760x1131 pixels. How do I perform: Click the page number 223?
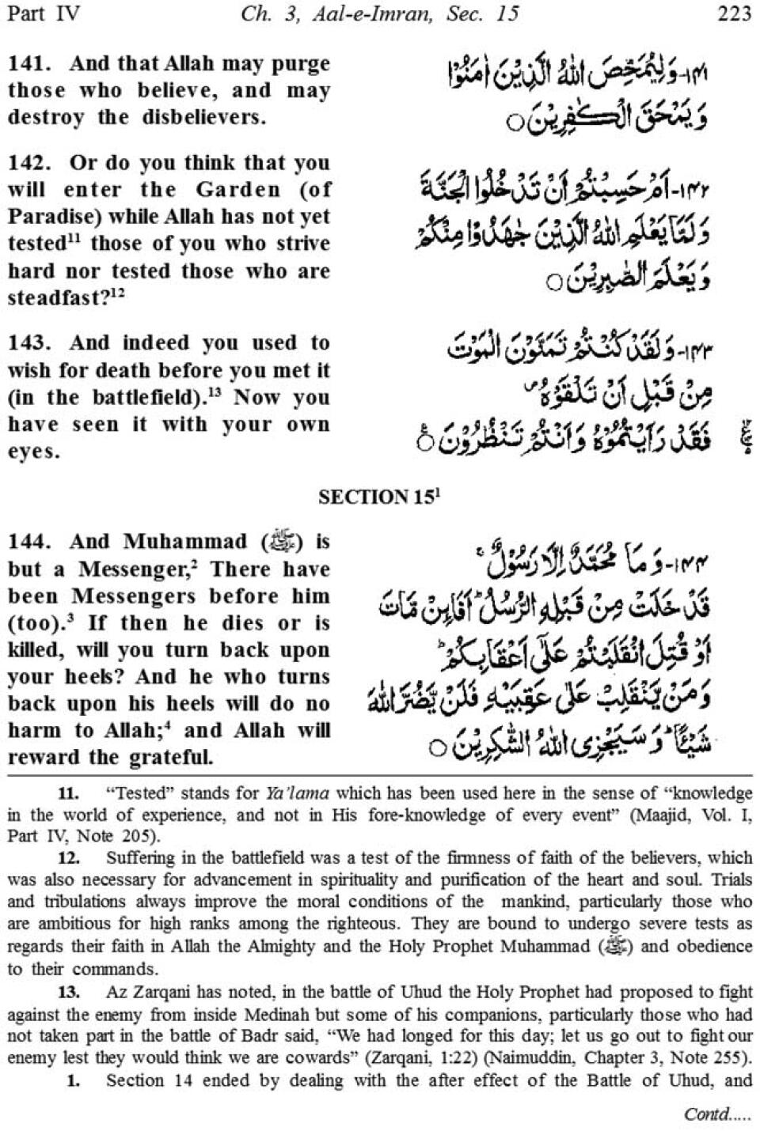(734, 13)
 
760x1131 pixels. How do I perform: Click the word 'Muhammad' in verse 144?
(186, 542)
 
